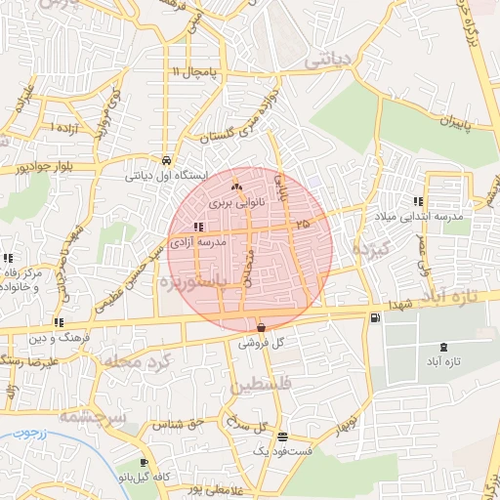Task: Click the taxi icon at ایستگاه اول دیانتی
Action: [x=168, y=160]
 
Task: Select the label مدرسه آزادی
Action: [x=197, y=240]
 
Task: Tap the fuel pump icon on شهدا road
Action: [x=376, y=318]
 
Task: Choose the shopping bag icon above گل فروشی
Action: [x=261, y=327]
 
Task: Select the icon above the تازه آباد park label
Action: [x=444, y=346]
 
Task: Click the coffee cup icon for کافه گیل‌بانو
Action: [x=145, y=462]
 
